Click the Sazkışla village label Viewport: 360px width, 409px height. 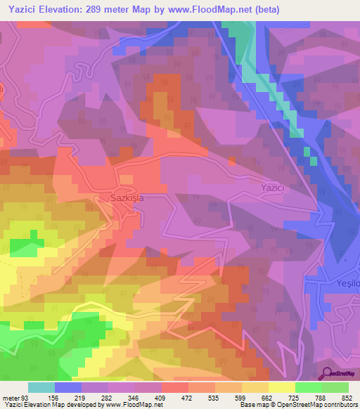pos(127,198)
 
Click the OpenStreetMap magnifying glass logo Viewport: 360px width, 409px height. pos(327,374)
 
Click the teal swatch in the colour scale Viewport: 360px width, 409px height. pos(41,387)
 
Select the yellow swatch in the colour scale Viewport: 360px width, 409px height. pos(281,387)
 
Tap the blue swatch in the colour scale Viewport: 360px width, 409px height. pos(68,387)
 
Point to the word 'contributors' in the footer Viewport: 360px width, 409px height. pos(341,405)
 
